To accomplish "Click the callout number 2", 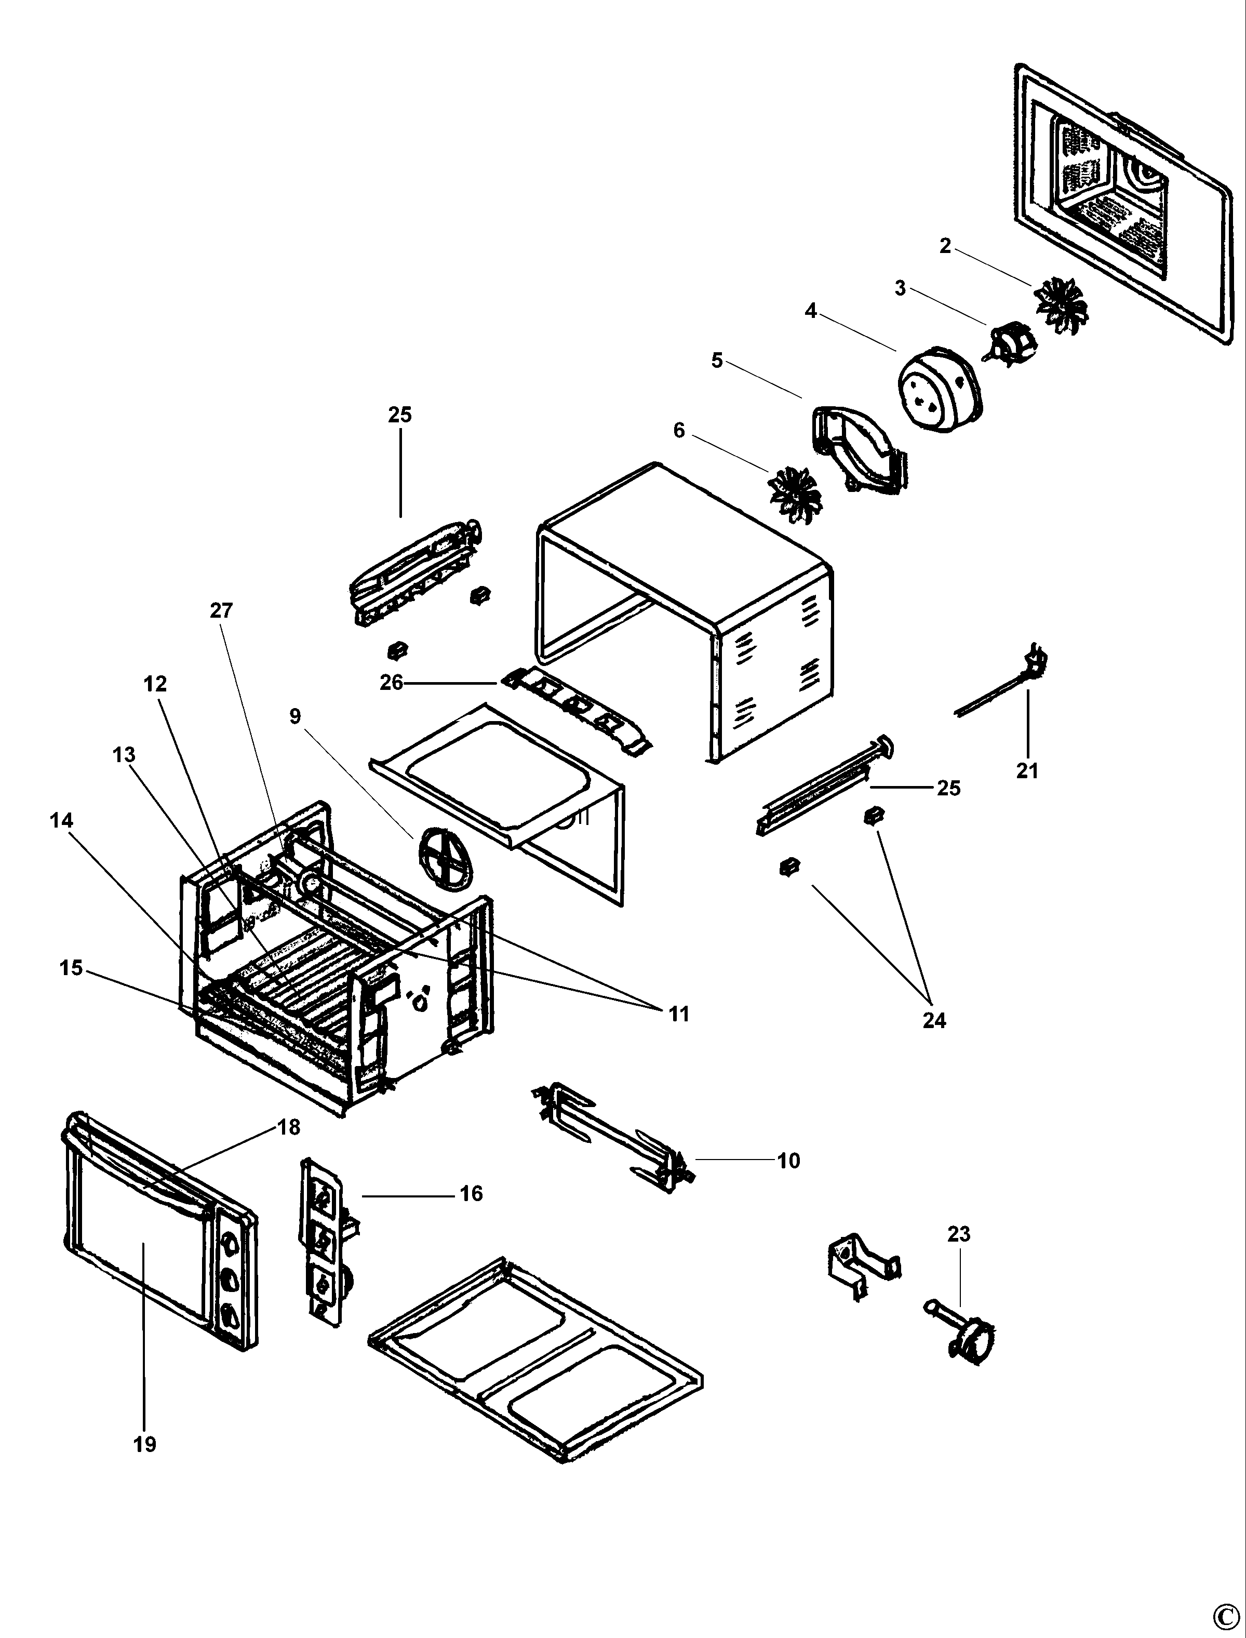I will (945, 246).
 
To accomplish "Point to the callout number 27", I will (221, 610).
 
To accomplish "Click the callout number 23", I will (959, 1234).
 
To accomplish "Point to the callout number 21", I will (1027, 771).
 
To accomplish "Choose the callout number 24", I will (934, 1021).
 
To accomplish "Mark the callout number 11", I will (679, 1014).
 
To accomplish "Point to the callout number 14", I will (62, 820).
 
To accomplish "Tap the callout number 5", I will (716, 361).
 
